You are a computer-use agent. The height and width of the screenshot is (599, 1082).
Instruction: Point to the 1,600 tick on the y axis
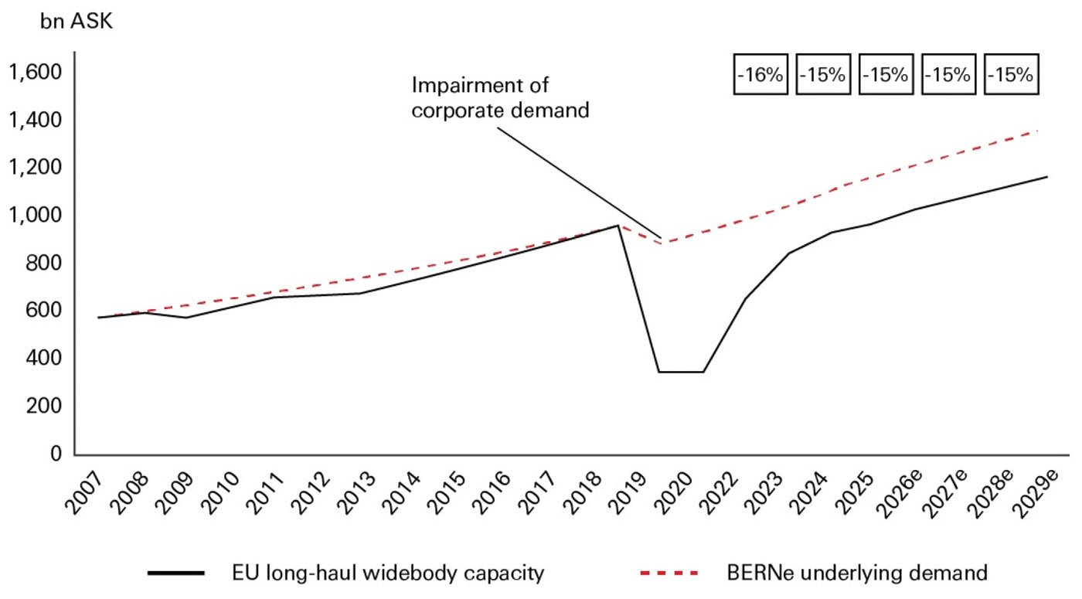click(x=34, y=73)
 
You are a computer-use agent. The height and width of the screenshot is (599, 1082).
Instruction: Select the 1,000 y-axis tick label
click(x=34, y=215)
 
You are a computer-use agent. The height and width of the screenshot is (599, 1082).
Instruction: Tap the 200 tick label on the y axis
click(x=43, y=406)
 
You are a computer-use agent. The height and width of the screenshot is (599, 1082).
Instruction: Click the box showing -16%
click(x=760, y=75)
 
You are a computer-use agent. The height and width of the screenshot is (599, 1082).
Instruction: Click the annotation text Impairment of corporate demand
click(x=500, y=97)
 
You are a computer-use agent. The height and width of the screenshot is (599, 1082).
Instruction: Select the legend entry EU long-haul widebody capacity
click(x=389, y=573)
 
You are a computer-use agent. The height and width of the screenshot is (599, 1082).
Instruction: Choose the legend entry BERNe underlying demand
click(x=857, y=573)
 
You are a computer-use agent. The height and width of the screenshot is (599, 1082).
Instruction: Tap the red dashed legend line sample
click(x=670, y=573)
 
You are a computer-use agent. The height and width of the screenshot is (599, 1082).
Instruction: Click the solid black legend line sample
click(x=176, y=573)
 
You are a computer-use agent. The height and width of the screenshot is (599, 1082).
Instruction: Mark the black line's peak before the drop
click(x=617, y=226)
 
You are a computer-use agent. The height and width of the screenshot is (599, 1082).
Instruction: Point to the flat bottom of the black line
click(x=680, y=372)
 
